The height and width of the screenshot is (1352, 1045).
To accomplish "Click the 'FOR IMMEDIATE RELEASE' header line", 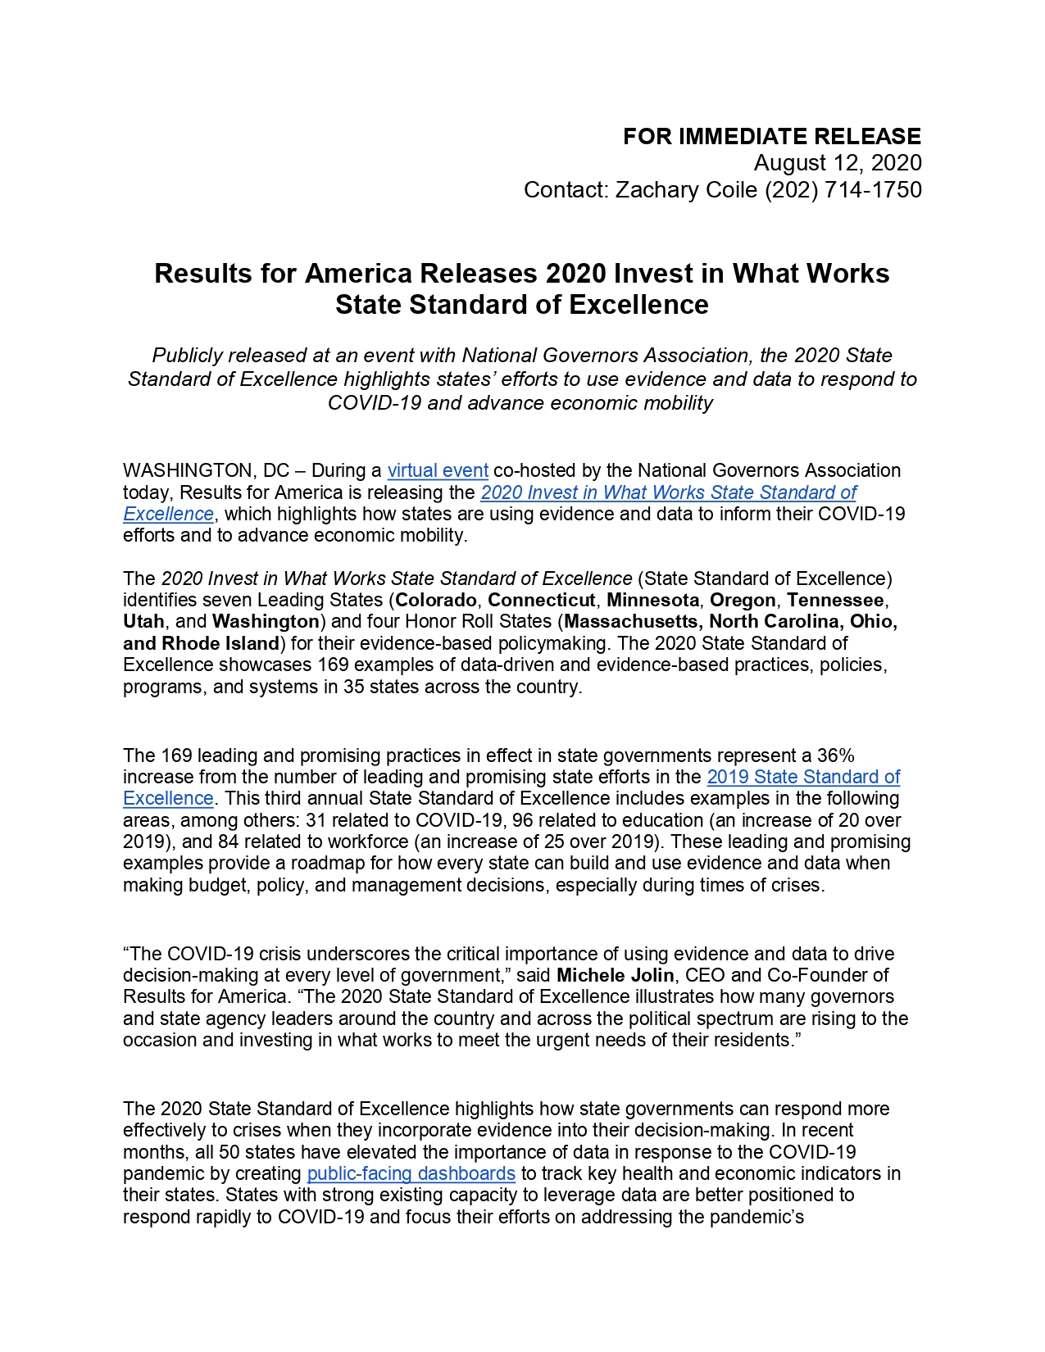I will pos(771,136).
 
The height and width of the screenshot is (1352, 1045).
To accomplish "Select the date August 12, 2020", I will pos(838,163).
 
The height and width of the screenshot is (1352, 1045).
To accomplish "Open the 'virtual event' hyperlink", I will pos(438,470).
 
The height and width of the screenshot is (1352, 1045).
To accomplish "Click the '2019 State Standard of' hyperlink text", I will pos(803,777).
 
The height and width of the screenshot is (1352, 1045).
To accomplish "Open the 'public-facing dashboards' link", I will pos(411,1173).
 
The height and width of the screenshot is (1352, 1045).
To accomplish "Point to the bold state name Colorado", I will pos(436,600).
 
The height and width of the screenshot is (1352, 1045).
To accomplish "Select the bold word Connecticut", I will pos(542,600).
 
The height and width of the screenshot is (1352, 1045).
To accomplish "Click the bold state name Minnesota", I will pos(652,600).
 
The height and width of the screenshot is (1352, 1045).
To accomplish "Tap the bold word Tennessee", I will pos(835,600).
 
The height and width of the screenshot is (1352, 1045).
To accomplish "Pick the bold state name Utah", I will pos(143,621).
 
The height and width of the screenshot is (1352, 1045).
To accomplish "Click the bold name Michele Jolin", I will pos(615,975).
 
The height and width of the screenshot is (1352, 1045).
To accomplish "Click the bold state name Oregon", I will pos(742,600).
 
